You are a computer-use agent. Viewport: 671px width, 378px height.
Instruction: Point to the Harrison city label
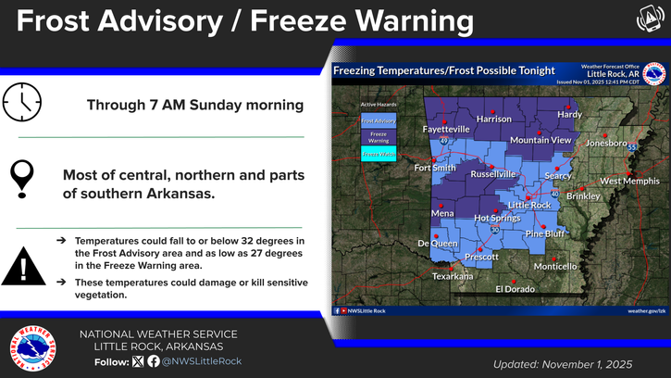point(493,120)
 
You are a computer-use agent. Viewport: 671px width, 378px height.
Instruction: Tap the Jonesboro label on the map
point(606,144)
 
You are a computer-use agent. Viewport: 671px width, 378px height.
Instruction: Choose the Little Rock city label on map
point(529,205)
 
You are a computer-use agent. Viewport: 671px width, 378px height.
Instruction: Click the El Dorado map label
point(515,289)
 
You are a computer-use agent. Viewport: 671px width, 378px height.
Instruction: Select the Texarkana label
point(453,276)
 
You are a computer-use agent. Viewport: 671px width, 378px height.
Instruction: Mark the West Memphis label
point(629,182)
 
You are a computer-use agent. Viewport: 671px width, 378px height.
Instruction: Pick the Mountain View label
point(541,140)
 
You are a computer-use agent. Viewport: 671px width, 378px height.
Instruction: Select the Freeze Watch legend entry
point(378,154)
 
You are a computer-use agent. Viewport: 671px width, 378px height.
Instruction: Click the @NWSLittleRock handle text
point(203,361)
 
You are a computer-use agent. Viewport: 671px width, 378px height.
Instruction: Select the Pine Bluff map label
point(546,233)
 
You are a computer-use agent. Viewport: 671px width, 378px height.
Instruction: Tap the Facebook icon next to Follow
point(154,361)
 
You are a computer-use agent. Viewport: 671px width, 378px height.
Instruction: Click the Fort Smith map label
point(435,169)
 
